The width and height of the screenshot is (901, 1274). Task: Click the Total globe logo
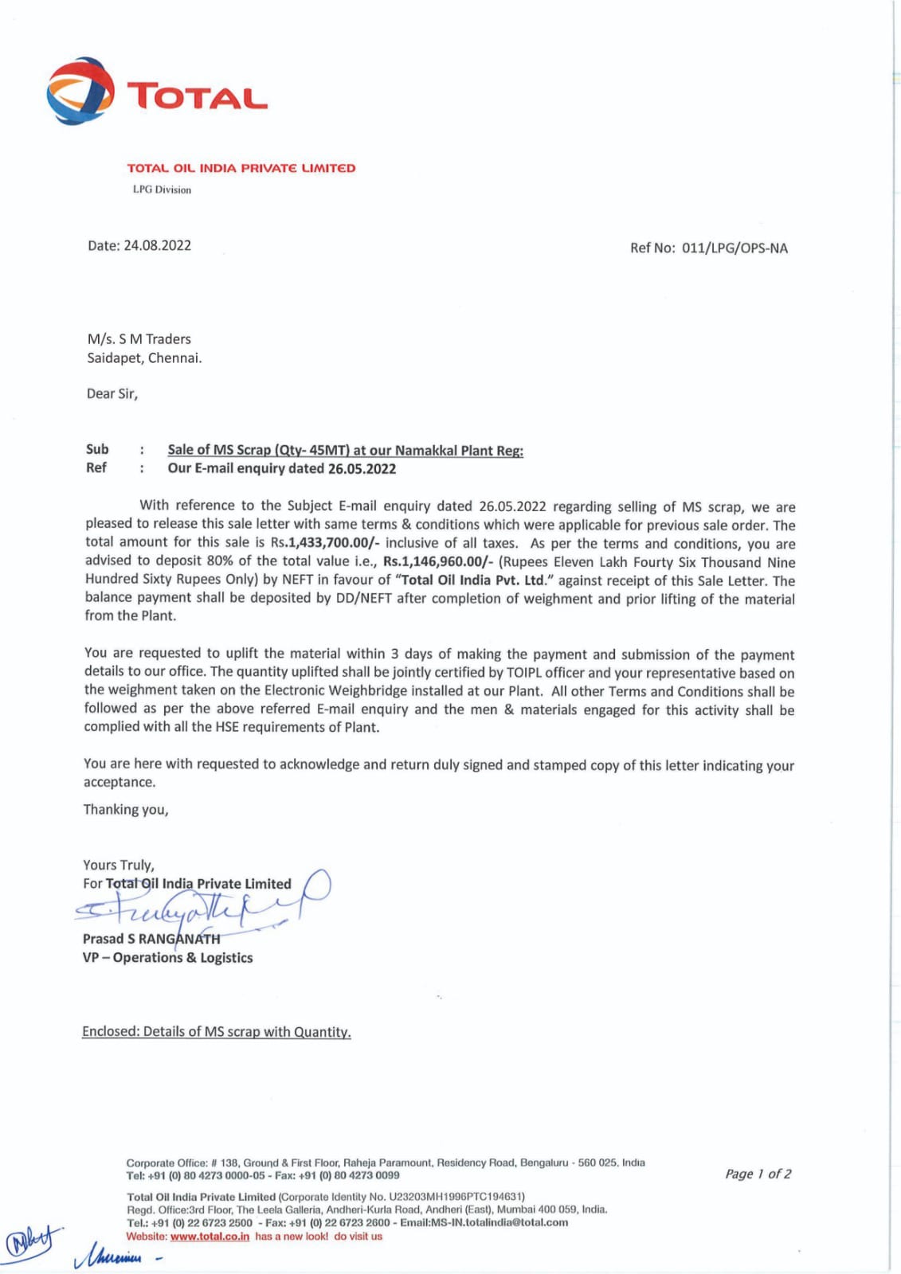point(80,90)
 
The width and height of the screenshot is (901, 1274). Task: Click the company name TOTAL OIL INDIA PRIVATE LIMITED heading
point(241,168)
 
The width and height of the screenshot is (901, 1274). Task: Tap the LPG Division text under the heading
point(162,190)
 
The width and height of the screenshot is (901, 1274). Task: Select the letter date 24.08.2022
point(157,245)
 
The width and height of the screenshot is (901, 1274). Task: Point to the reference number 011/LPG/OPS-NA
point(735,248)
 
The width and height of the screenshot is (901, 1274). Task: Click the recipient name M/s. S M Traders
point(139,338)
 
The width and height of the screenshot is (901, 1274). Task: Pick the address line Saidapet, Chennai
point(144,358)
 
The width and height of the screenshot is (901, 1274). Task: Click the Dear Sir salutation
point(112,393)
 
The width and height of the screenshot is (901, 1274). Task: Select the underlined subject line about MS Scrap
point(345,450)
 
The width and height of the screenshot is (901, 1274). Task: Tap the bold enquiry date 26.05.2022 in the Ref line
point(362,468)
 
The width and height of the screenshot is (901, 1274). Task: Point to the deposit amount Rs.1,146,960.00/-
point(437,561)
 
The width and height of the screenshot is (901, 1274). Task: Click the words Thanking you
point(126,810)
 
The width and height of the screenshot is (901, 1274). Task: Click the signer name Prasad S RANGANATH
point(151,939)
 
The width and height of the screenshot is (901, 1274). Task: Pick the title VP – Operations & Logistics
point(167,958)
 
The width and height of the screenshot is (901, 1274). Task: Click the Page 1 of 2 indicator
point(758,1174)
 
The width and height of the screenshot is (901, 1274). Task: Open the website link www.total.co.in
point(210,1237)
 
